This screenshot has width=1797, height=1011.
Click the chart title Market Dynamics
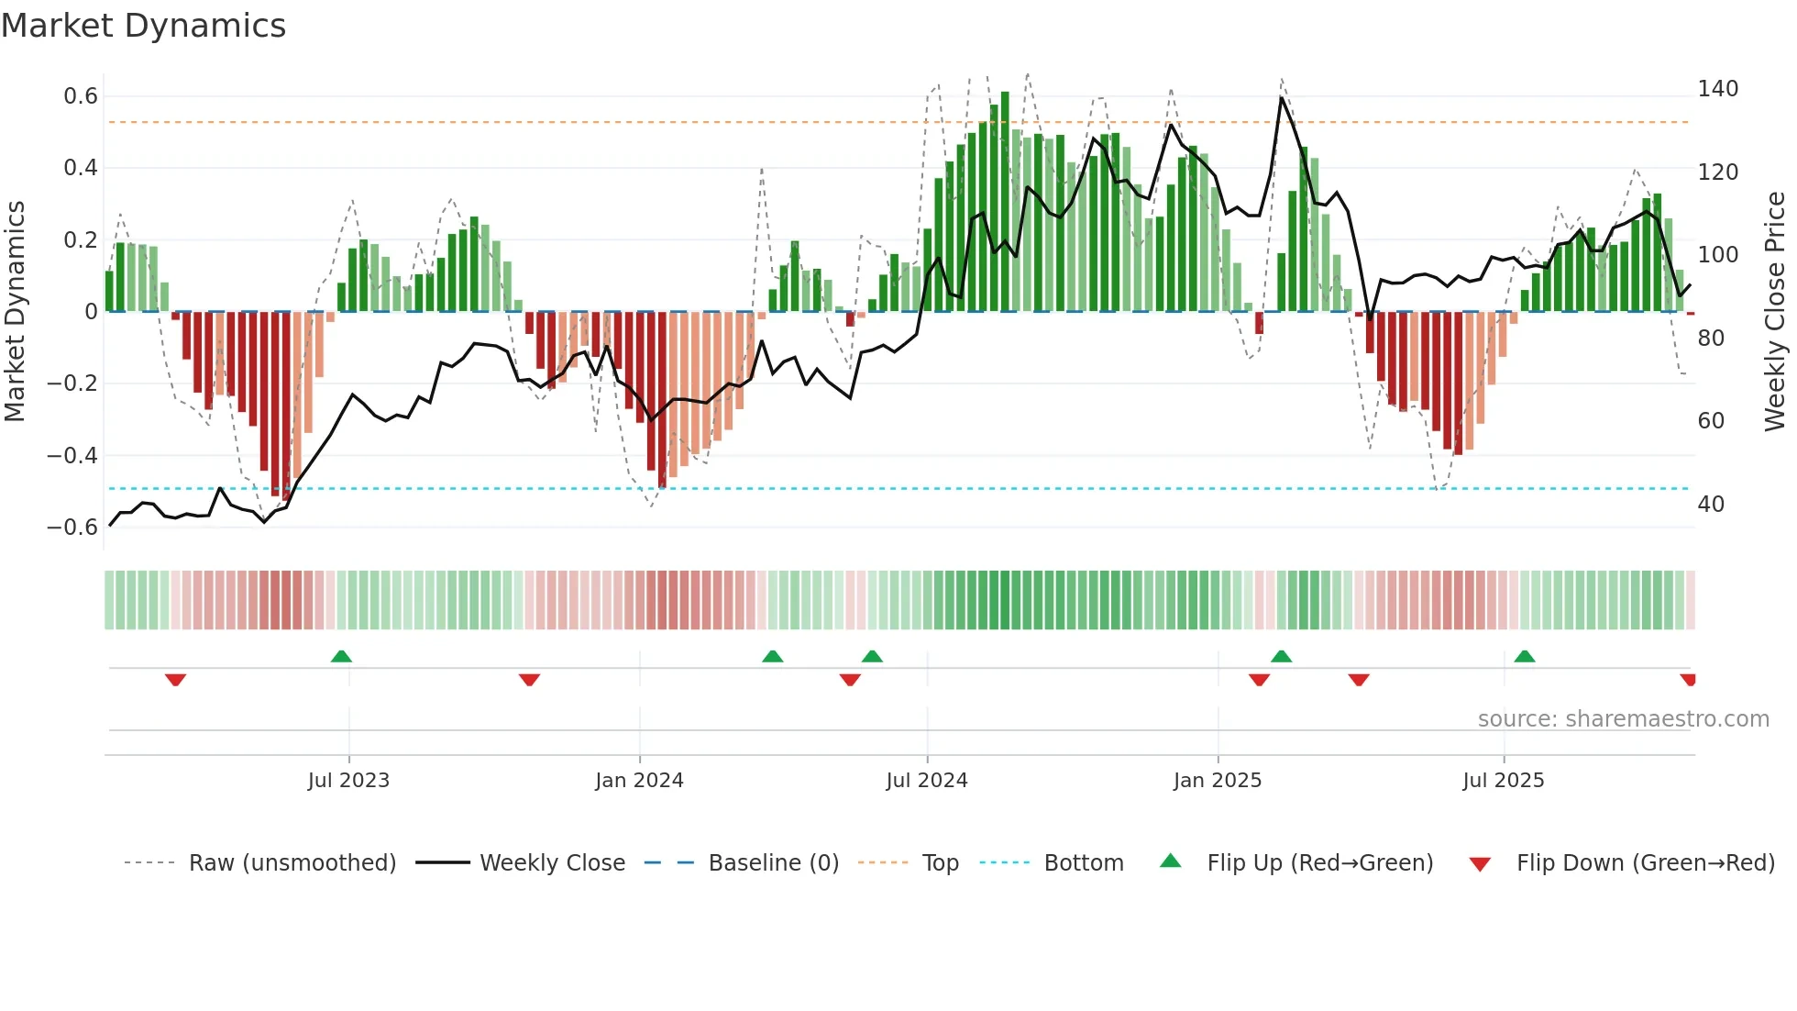(x=143, y=26)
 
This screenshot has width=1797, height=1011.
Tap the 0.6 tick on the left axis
(x=80, y=96)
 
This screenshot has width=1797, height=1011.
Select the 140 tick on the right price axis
(x=1717, y=89)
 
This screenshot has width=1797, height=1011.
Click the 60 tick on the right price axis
(x=1711, y=421)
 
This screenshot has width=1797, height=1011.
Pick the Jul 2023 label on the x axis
(x=348, y=781)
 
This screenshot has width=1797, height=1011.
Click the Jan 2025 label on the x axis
(x=1217, y=781)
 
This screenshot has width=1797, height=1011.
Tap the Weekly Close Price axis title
(x=1775, y=312)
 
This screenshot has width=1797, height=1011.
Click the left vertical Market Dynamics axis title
(x=15, y=312)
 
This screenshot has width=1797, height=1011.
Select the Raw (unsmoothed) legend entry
(x=292, y=863)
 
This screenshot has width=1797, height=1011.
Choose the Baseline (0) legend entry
(x=773, y=863)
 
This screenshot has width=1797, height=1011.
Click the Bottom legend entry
(x=1083, y=863)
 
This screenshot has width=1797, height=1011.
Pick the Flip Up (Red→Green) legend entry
(x=1319, y=863)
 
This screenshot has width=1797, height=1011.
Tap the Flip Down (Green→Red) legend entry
(x=1645, y=863)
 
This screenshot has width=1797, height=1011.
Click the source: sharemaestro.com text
(x=1623, y=719)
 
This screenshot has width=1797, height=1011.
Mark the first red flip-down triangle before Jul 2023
(x=175, y=680)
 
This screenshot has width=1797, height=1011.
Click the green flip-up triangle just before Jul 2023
(x=341, y=656)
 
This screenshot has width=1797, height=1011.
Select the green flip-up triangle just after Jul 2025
(x=1525, y=656)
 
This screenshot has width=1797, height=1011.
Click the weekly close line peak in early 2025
(x=1281, y=97)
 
